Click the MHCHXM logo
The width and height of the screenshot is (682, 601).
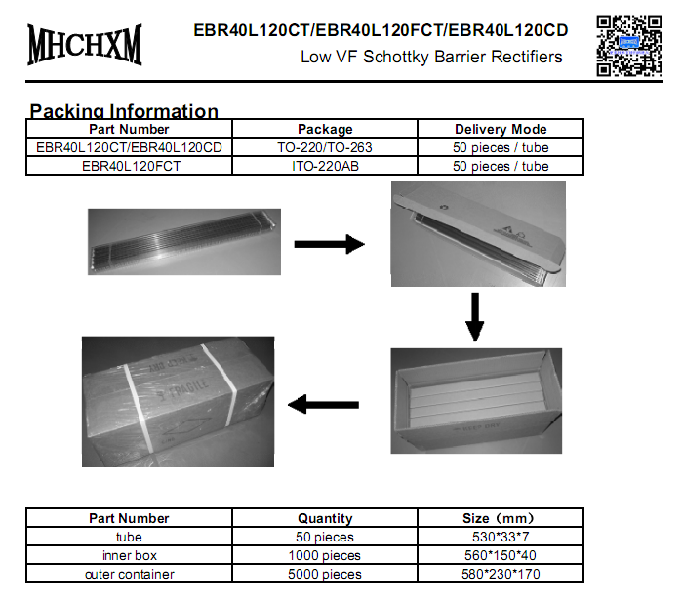tap(85, 44)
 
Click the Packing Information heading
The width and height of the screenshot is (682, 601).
tap(124, 110)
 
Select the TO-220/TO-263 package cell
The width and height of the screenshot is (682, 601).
tap(325, 147)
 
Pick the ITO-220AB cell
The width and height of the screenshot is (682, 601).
tap(325, 166)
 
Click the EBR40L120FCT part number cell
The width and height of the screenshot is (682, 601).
tap(130, 166)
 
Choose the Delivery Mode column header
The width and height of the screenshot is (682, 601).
tap(501, 129)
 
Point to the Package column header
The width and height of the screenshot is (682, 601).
tap(325, 129)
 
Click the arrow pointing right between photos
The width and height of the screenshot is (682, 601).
tap(329, 244)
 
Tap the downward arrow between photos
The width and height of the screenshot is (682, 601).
tap(474, 316)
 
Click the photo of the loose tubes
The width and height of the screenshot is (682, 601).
tap(182, 239)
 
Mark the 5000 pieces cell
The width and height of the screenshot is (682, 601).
tap(325, 574)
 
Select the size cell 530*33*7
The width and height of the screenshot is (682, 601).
tap(501, 537)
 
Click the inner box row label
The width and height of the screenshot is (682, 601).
tap(130, 555)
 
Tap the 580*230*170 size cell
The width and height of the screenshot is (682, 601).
tap(501, 574)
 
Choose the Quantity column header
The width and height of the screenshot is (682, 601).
tap(325, 518)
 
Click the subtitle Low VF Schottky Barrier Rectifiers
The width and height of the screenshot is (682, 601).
tap(431, 57)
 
